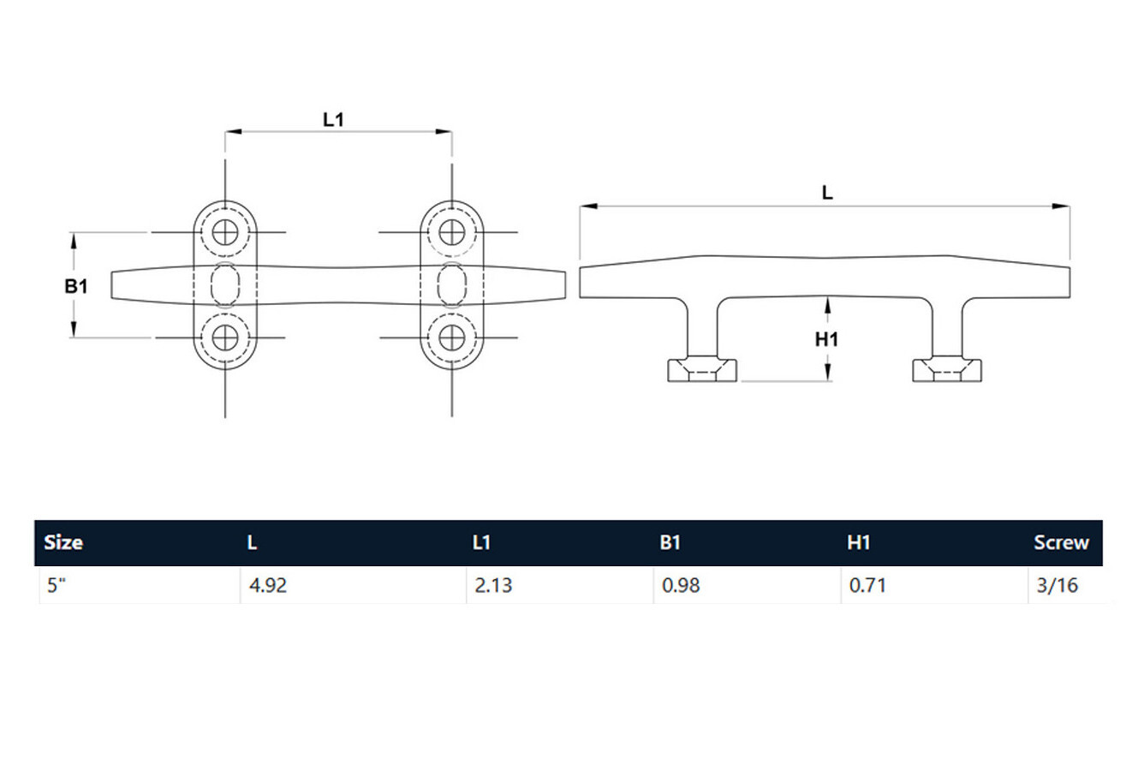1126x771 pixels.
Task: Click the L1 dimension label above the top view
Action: coord(333,120)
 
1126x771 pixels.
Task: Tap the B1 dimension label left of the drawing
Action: coord(76,286)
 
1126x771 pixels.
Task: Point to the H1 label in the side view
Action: coord(827,340)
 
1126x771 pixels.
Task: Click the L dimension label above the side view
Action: coord(827,193)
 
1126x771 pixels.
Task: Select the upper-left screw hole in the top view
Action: coord(225,232)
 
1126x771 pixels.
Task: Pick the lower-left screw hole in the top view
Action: coord(225,338)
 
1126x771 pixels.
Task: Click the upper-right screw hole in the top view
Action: coord(452,232)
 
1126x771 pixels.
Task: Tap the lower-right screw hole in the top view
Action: coord(452,338)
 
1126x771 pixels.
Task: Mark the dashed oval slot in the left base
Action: coord(225,284)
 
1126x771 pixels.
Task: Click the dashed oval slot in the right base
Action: coord(452,284)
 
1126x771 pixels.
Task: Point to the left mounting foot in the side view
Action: coord(702,370)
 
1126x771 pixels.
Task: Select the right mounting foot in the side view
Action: coord(947,370)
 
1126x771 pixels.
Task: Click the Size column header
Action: coord(63,542)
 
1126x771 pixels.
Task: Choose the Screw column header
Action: coord(1061,542)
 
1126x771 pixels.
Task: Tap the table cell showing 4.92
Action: coord(268,585)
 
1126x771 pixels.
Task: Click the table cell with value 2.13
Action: coord(493,585)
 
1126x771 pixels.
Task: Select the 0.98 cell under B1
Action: coord(681,585)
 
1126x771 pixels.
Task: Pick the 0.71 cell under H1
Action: coord(867,585)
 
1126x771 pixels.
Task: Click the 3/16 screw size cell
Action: coord(1057,585)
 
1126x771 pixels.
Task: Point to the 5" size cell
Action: coord(57,585)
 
